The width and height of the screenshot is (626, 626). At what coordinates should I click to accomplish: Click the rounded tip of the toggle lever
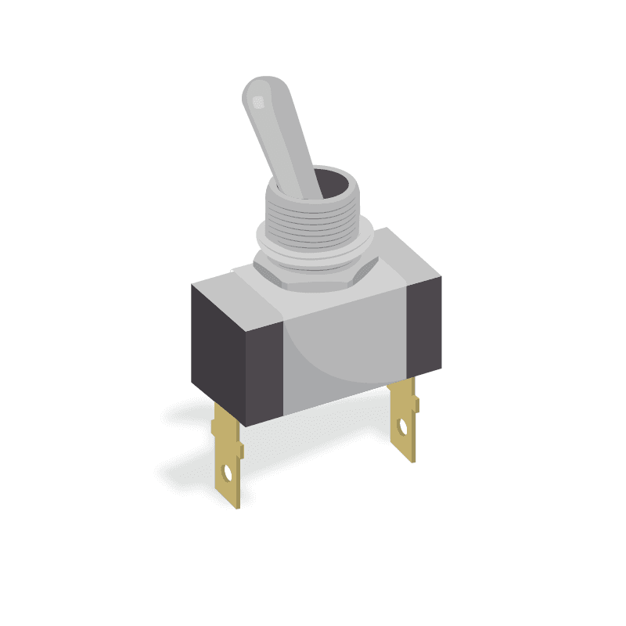[260, 88]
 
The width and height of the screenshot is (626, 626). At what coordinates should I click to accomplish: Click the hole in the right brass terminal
[403, 428]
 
